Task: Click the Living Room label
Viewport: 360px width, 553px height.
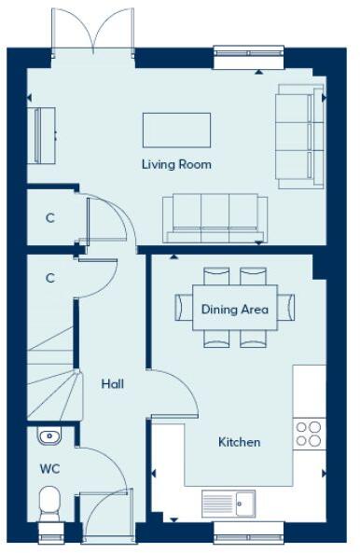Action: point(176,164)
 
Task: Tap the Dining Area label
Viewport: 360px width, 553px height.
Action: point(235,310)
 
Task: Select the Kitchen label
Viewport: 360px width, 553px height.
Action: point(240,442)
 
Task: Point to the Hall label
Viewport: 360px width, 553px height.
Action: point(113,383)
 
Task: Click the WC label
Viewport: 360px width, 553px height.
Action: point(49,469)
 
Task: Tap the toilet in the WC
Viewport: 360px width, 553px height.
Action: point(50,504)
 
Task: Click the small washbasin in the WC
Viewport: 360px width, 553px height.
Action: point(50,435)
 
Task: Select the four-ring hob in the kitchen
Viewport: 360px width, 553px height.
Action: point(309,433)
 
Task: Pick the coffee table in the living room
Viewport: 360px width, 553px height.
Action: point(176,130)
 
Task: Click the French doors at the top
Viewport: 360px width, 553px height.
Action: point(92,31)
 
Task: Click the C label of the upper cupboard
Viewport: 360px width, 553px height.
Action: point(50,218)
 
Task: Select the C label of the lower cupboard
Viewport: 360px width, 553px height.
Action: point(50,278)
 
